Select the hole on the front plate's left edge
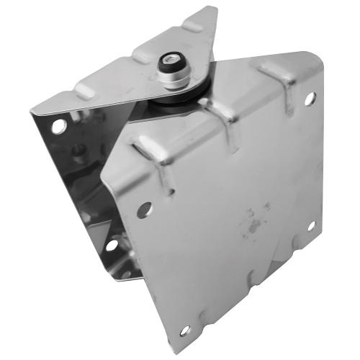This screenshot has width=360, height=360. [x=144, y=210]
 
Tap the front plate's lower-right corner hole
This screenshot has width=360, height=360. [x=311, y=227]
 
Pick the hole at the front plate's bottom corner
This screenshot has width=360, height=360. [x=184, y=330]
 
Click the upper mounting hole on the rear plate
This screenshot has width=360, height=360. [x=59, y=127]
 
